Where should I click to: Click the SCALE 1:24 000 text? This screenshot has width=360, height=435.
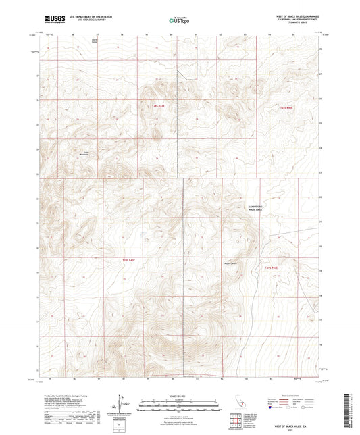pos(180,396)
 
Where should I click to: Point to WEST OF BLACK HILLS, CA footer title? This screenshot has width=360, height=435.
pos(292,426)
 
